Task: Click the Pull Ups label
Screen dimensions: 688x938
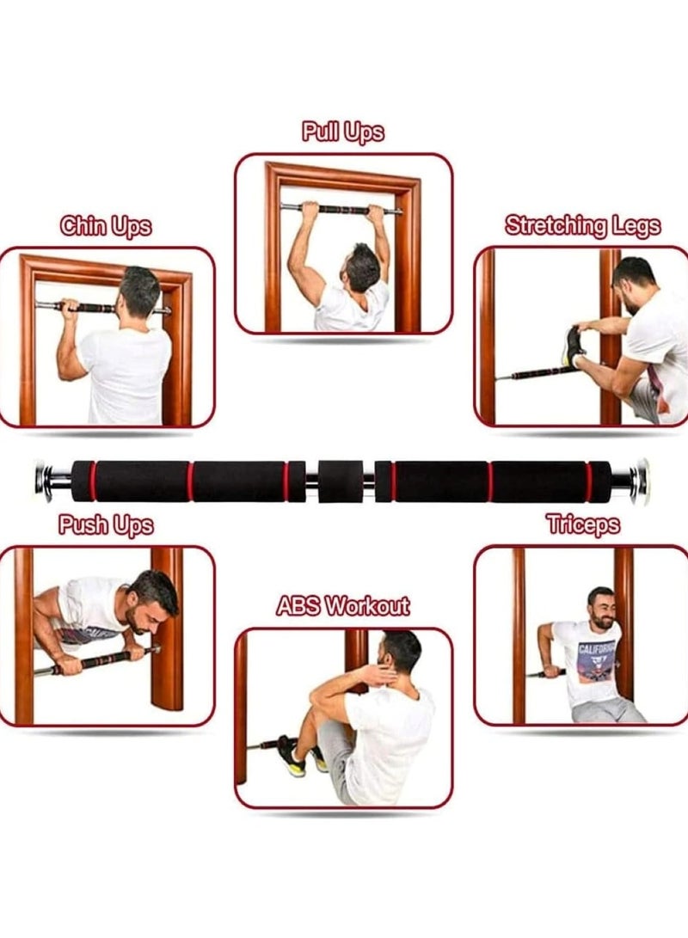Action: pyautogui.click(x=343, y=132)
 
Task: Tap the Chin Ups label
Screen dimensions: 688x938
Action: pyautogui.click(x=105, y=226)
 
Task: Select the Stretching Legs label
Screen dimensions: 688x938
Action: pyautogui.click(x=582, y=225)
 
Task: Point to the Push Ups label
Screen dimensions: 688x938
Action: pyautogui.click(x=106, y=524)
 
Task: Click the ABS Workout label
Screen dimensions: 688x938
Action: pyautogui.click(x=343, y=605)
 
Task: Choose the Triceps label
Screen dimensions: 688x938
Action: pyautogui.click(x=583, y=524)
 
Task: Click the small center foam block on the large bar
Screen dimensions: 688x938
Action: pyautogui.click(x=340, y=481)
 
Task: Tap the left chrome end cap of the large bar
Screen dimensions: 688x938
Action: pyautogui.click(x=45, y=481)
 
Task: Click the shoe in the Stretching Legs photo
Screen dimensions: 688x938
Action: pyautogui.click(x=574, y=347)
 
